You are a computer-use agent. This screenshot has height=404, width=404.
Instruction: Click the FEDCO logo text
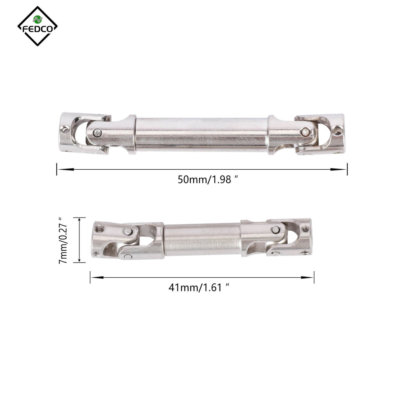(37, 29)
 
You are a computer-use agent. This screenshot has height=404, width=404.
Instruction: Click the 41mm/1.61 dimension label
(199, 287)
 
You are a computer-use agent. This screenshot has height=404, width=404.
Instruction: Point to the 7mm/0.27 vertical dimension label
(63, 240)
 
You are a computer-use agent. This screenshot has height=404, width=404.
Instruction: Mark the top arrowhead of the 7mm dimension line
(80, 221)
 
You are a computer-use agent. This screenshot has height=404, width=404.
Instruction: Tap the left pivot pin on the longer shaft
(97, 133)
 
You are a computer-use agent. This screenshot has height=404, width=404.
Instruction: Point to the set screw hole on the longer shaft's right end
(337, 130)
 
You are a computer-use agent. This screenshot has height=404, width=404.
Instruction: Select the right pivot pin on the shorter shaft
(275, 230)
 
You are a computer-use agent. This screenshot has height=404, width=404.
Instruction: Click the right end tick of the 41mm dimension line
(314, 277)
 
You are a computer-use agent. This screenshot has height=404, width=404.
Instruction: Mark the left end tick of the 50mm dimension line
(57, 169)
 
